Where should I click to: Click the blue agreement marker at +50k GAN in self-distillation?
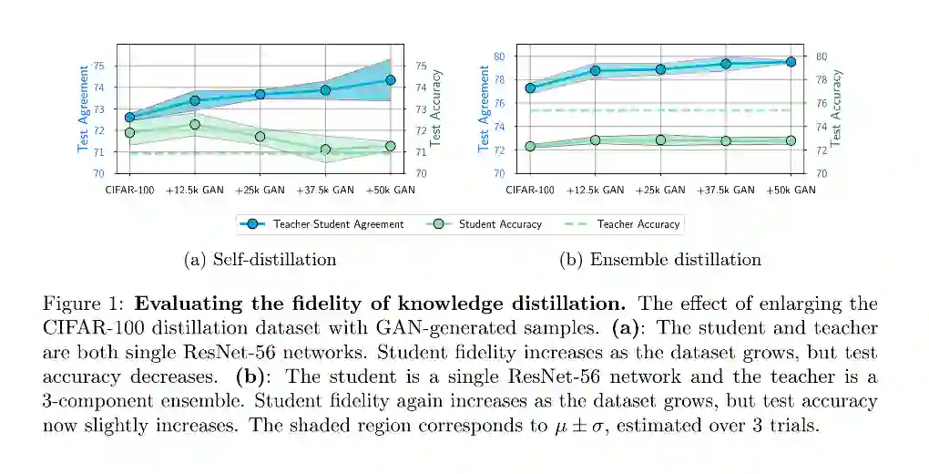pos(390,80)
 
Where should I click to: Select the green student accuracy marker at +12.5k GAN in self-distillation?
pos(195,125)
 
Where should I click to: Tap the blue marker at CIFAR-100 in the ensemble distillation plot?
pos(530,88)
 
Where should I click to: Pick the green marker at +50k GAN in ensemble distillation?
pos(791,140)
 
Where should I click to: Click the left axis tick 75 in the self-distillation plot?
pos(98,66)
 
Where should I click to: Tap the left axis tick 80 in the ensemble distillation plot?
pos(498,56)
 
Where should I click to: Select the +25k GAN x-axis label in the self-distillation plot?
pos(260,191)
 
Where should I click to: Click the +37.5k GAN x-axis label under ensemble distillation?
pos(725,191)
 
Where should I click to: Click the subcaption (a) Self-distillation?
pos(260,260)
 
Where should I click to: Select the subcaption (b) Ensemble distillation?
pos(659,260)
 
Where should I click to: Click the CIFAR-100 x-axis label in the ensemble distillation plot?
pos(530,191)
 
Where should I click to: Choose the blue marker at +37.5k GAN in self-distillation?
pos(325,90)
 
